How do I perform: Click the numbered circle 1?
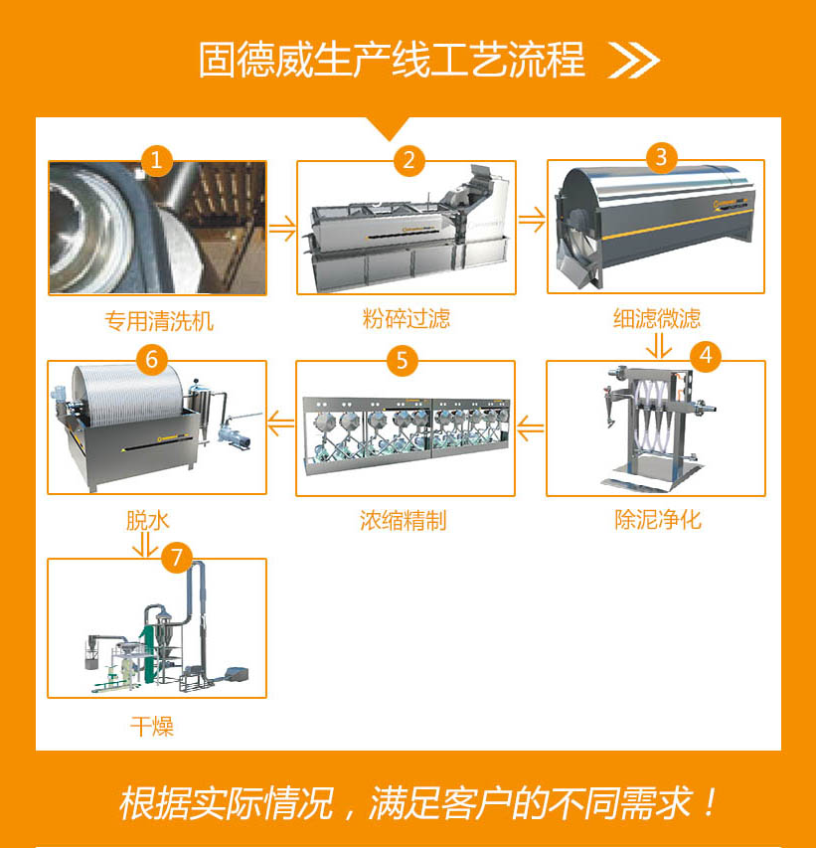coord(156,160)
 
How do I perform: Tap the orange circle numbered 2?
coord(408,160)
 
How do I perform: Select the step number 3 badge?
coord(661,157)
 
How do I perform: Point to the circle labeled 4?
coord(705,355)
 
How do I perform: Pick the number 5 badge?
coord(402,360)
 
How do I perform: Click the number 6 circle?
coord(151,359)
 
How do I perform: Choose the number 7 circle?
coord(176,558)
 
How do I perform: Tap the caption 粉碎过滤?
coord(407,319)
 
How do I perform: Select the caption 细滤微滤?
coord(657,319)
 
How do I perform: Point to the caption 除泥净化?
coord(657,520)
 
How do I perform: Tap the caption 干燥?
coord(152,727)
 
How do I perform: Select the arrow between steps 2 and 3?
coord(533,220)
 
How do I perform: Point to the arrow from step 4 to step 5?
coord(531,429)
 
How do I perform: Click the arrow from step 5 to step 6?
coord(281,424)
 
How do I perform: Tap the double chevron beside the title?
coord(634,61)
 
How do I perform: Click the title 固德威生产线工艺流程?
coord(392,61)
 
